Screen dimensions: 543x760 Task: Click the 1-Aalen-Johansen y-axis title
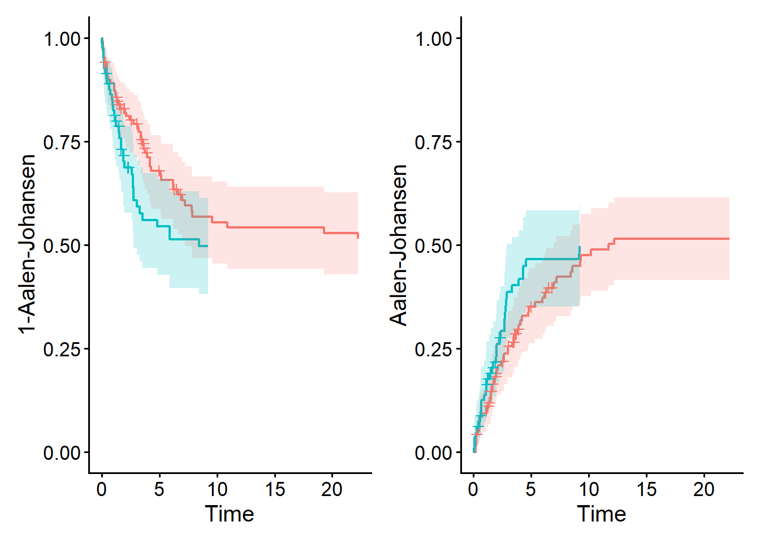tap(27, 244)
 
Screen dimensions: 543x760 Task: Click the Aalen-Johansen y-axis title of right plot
tap(399, 244)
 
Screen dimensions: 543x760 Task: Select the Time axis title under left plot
tap(230, 514)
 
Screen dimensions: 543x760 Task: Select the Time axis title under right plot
tap(601, 514)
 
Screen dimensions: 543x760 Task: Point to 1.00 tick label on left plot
tap(62, 39)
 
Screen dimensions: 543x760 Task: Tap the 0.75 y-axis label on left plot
tap(62, 143)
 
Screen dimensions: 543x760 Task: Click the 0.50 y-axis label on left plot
tap(62, 246)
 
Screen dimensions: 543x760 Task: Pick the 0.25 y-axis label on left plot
tap(62, 350)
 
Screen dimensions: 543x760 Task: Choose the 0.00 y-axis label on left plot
tap(62, 453)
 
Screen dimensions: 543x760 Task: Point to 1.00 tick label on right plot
tap(434, 39)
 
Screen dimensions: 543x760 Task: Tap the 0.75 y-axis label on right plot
tap(434, 143)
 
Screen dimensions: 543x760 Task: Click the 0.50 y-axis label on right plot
tap(434, 246)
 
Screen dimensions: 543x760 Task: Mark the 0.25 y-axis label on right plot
tap(434, 350)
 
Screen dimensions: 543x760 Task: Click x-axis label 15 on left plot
tap(275, 489)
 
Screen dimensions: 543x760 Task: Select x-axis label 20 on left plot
tap(332, 489)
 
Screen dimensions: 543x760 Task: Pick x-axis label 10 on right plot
tap(589, 489)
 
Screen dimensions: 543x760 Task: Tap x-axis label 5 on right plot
tap(530, 489)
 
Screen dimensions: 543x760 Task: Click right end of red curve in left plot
tap(358, 235)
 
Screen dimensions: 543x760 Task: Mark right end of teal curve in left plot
tap(208, 246)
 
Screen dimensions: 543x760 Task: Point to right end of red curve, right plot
tap(729, 239)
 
